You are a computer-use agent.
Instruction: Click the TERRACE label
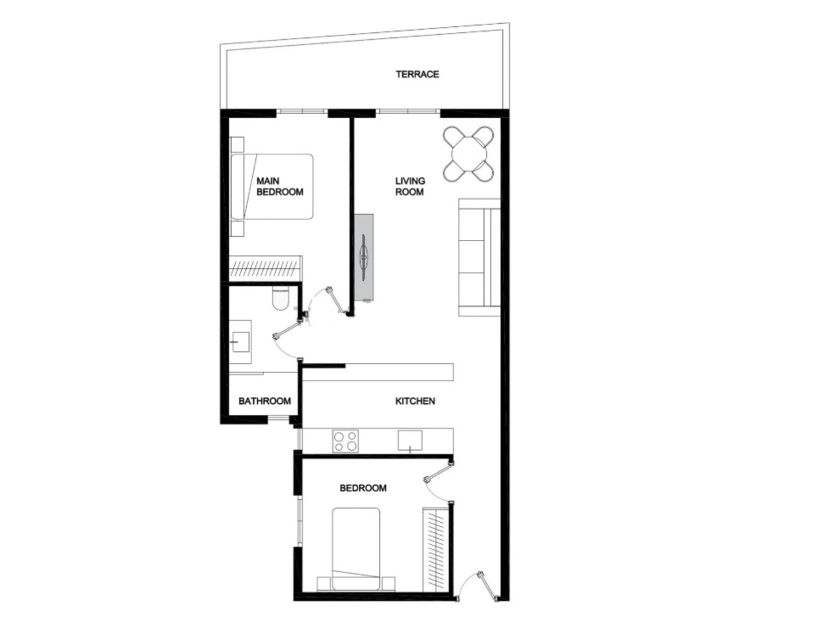click(x=417, y=75)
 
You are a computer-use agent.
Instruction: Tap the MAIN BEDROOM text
click(x=279, y=187)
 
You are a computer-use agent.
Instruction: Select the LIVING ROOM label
click(x=410, y=187)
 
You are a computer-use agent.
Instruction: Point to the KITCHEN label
click(x=415, y=401)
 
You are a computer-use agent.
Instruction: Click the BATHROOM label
click(x=264, y=401)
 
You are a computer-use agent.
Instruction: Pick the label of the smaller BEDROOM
click(x=363, y=488)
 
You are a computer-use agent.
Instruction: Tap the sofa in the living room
click(x=479, y=257)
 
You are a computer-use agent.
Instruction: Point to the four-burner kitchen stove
click(x=345, y=441)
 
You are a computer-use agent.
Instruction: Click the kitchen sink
click(x=410, y=441)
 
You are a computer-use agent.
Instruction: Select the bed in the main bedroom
click(x=273, y=187)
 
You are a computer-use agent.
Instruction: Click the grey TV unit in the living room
click(x=365, y=257)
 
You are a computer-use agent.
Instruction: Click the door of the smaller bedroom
click(x=439, y=476)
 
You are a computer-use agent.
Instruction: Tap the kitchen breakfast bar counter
click(x=379, y=372)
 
